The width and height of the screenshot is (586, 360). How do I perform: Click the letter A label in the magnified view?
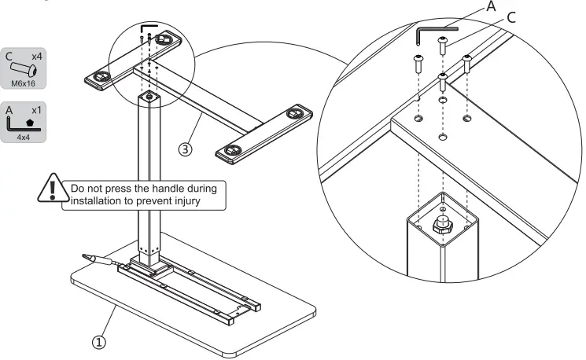pyautogui.click(x=492, y=6)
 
